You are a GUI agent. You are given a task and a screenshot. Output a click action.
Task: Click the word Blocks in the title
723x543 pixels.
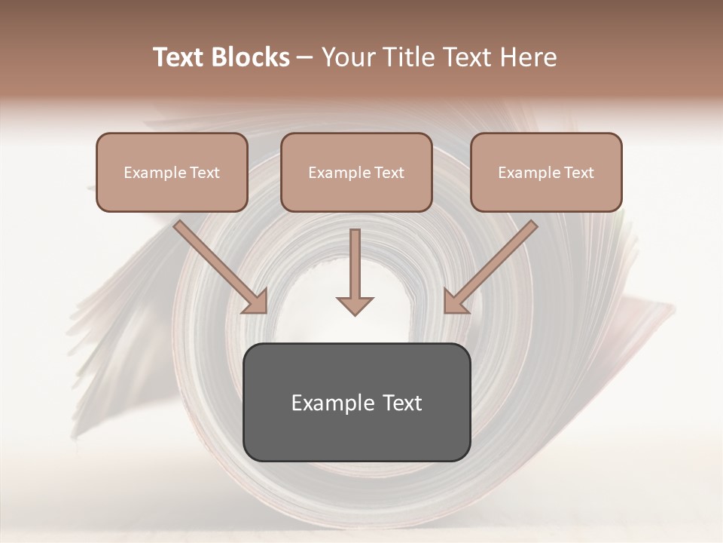(249, 57)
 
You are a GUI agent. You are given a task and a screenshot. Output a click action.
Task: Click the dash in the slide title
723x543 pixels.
(305, 57)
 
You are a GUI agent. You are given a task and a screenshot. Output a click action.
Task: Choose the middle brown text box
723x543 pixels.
(356, 192)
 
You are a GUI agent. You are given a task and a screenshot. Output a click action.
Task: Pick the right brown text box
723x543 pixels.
(546, 192)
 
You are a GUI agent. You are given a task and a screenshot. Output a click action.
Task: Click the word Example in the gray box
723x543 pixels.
(331, 403)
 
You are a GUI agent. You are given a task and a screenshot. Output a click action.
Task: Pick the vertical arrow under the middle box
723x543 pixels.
(355, 264)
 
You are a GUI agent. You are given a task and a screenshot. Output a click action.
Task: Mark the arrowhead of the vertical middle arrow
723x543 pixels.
(355, 305)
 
